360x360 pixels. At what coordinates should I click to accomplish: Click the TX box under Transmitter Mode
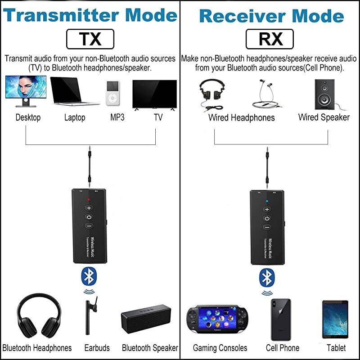point(90,39)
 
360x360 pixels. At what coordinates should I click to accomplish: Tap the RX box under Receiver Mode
point(270,39)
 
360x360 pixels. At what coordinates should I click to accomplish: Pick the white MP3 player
point(113,93)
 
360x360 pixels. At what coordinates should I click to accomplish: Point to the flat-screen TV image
point(154,94)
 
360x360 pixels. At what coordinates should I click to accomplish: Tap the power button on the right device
point(267,218)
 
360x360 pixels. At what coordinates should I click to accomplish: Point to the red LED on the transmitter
point(89,198)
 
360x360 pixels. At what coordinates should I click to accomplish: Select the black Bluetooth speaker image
point(146,319)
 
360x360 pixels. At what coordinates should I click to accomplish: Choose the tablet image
point(335,319)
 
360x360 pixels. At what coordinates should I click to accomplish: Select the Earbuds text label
point(97,348)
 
